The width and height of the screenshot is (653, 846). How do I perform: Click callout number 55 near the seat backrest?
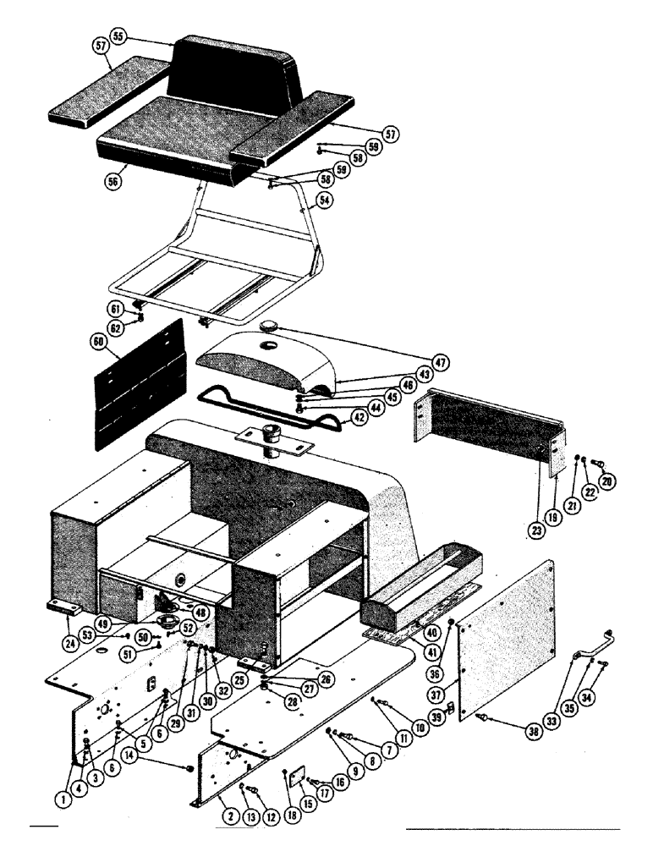[118, 37]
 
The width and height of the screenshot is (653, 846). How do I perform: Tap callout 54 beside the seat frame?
[323, 201]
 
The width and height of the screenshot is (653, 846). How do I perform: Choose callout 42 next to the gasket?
[359, 416]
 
